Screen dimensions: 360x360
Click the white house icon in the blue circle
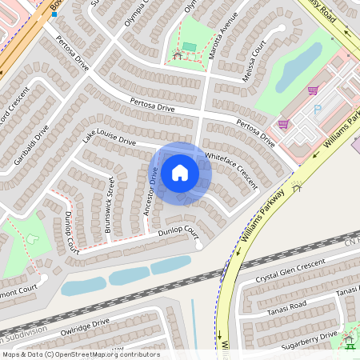[x=180, y=173]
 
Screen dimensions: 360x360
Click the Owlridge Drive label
[x=84, y=326]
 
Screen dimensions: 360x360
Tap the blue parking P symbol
[x=318, y=108]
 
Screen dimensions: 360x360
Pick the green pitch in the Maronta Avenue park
[x=189, y=47]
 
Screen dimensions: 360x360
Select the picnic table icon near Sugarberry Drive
[x=349, y=342]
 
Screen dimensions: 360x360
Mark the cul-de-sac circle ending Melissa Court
[x=280, y=29]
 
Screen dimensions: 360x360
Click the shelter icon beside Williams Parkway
[x=297, y=187]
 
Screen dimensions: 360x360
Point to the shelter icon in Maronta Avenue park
[x=177, y=54]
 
